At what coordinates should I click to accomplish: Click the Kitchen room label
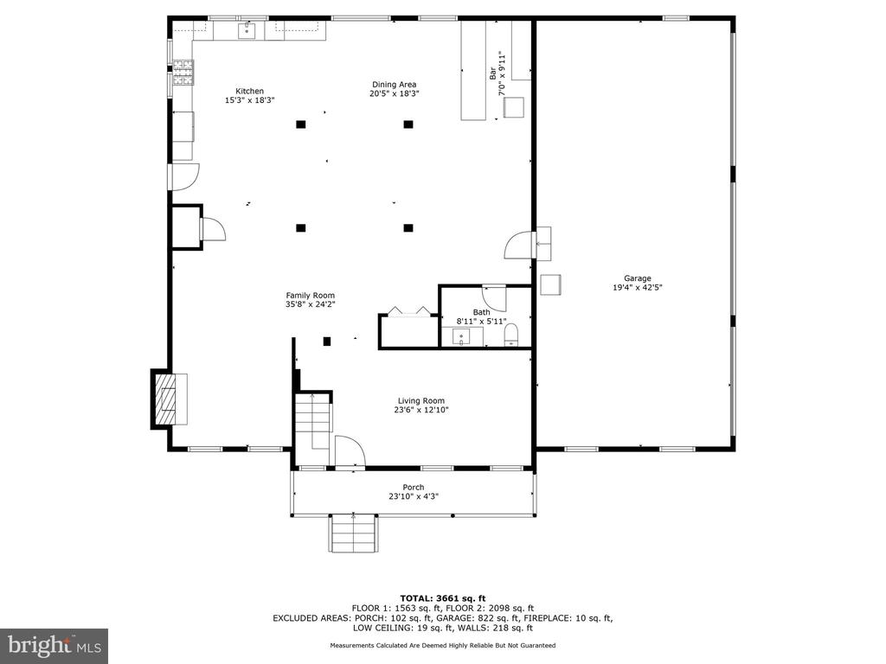pyautogui.click(x=250, y=91)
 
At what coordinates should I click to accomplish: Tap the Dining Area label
pyautogui.click(x=394, y=84)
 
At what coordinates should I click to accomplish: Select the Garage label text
pyautogui.click(x=638, y=278)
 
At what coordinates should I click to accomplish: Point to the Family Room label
pyautogui.click(x=310, y=295)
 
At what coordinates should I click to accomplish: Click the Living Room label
pyautogui.click(x=421, y=400)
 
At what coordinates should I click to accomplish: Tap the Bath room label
pyautogui.click(x=481, y=312)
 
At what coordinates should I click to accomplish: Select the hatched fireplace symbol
pyautogui.click(x=164, y=398)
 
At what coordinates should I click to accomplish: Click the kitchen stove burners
pyautogui.click(x=183, y=73)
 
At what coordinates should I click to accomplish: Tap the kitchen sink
pyautogui.click(x=247, y=31)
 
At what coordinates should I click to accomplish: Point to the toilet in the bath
pyautogui.click(x=510, y=335)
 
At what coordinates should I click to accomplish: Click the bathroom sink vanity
pyautogui.click(x=461, y=336)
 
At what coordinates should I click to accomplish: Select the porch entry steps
pyautogui.click(x=353, y=533)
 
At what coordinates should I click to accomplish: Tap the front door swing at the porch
pyautogui.click(x=349, y=451)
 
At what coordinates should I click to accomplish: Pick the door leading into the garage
pyautogui.click(x=519, y=244)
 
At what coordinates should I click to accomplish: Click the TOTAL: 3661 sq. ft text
pyautogui.click(x=442, y=597)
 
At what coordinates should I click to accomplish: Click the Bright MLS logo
pyautogui.click(x=54, y=644)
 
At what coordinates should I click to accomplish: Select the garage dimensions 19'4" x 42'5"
pyautogui.click(x=638, y=287)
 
